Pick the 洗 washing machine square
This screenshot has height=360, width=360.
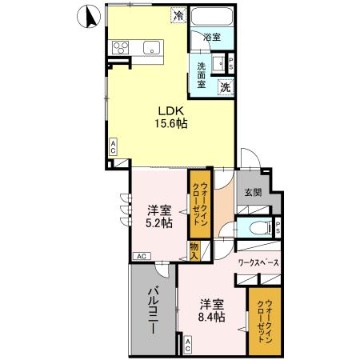coord(226,86)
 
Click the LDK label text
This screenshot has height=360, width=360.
coord(171,111)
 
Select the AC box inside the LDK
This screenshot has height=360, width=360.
coord(114,146)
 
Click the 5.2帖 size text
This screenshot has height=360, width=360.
coord(159,223)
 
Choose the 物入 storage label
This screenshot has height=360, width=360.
coord(194,249)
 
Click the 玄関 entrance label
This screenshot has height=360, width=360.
coord(254,193)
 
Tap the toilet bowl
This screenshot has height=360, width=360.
coord(256,227)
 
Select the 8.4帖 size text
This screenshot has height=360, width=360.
coord(212,317)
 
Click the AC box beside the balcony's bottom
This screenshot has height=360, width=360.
coord(187,346)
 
